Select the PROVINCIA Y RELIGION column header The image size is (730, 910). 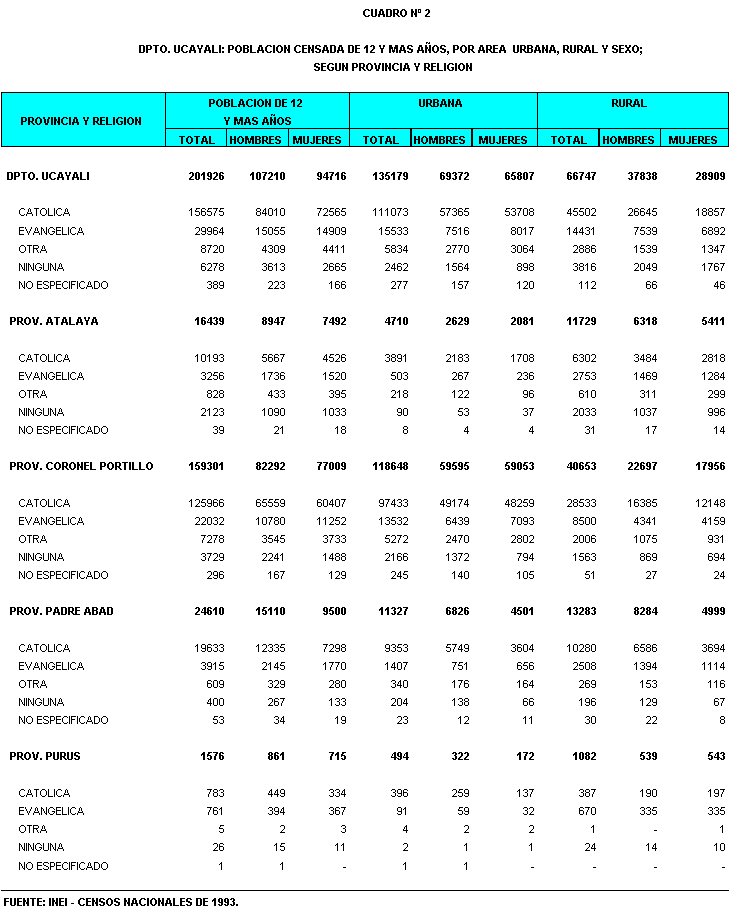(x=81, y=121)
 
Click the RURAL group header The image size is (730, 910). (x=628, y=103)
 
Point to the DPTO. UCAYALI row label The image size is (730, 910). (x=48, y=176)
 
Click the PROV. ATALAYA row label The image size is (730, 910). (x=54, y=321)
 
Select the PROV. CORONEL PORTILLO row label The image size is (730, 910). (x=81, y=466)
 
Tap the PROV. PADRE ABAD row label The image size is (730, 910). (x=59, y=611)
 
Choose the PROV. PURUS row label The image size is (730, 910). (x=45, y=756)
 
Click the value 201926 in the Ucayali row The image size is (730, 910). (x=206, y=176)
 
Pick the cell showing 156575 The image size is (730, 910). (x=207, y=212)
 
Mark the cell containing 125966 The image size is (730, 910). (x=207, y=503)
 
